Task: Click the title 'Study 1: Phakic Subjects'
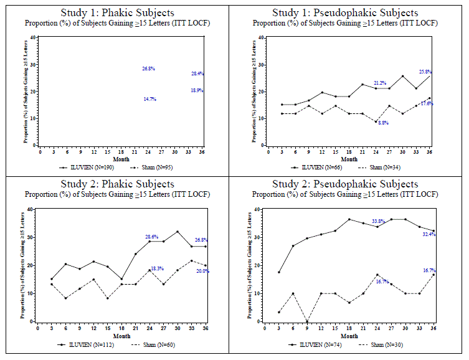pos(117,12)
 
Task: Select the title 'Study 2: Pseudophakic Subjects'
pos(345,184)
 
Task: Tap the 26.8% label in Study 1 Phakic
pos(148,69)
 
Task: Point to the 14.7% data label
pos(149,99)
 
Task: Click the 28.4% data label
pos(197,73)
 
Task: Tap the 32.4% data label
pos(428,234)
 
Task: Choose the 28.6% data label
pos(152,237)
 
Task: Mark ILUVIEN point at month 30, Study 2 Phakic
pos(177,232)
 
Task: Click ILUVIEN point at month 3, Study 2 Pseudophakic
pos(279,272)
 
